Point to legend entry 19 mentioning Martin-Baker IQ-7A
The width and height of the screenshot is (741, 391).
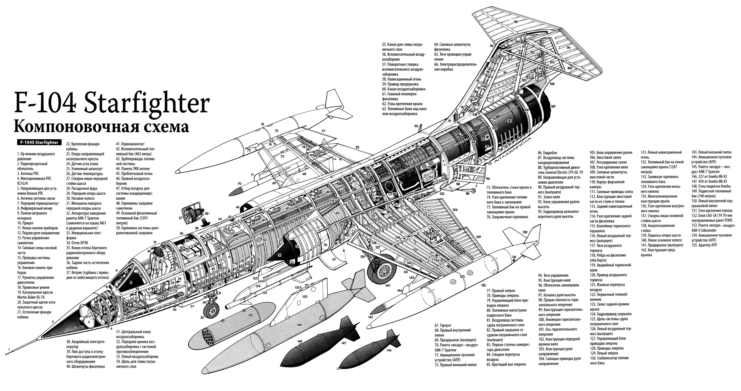(35, 295)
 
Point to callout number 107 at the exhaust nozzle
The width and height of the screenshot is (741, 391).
(553, 106)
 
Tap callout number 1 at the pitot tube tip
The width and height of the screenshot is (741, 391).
(9, 350)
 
